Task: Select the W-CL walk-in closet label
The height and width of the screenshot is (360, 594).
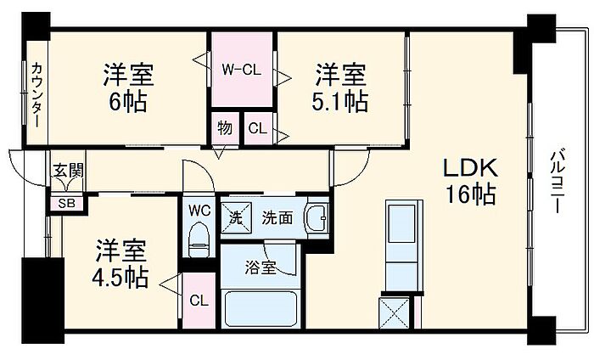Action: click(x=242, y=70)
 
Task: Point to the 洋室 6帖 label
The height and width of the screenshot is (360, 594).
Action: click(x=128, y=87)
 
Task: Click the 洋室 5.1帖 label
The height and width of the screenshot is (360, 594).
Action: click(x=342, y=87)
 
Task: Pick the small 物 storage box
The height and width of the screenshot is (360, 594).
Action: click(x=224, y=128)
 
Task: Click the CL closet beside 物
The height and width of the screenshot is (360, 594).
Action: click(x=258, y=129)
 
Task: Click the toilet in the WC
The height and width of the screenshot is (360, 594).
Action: click(x=199, y=238)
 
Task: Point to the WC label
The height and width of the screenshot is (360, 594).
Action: click(x=199, y=209)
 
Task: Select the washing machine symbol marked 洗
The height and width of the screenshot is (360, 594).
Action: click(x=235, y=217)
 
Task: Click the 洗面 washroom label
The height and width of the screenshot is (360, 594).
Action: click(x=277, y=217)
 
